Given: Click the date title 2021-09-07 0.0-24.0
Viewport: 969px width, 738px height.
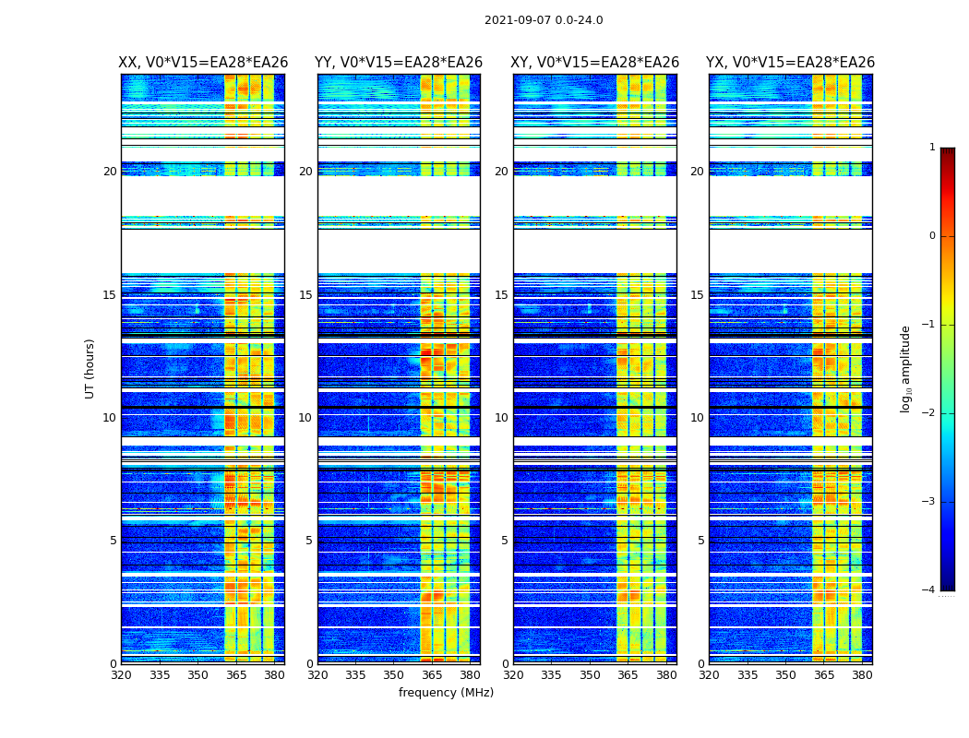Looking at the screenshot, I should click(544, 20).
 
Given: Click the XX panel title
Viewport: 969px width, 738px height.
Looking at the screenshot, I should click(203, 63).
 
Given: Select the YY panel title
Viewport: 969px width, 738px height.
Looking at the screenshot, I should click(399, 63).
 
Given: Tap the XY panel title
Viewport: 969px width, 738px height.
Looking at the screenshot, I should click(595, 63).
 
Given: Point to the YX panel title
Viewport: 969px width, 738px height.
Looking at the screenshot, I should click(790, 63).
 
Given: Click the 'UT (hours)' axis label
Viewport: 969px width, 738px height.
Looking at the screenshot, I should click(90, 368).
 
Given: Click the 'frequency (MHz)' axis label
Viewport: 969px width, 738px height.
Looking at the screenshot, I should click(446, 693).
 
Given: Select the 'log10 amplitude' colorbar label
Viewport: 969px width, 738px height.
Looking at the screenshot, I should click(906, 368).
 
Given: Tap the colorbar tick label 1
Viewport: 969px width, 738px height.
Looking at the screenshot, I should click(931, 148).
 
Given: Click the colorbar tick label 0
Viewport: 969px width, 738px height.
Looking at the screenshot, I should click(931, 236).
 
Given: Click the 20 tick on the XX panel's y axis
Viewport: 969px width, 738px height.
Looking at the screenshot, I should click(110, 172).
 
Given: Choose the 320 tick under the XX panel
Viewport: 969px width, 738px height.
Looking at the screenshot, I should click(121, 675).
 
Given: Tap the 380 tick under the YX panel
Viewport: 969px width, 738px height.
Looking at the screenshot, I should click(862, 675).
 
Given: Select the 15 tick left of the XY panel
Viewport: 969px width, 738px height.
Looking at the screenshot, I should click(501, 295).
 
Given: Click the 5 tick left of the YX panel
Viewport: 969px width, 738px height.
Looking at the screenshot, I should click(701, 541).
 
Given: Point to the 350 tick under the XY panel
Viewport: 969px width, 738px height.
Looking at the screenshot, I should click(590, 675).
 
